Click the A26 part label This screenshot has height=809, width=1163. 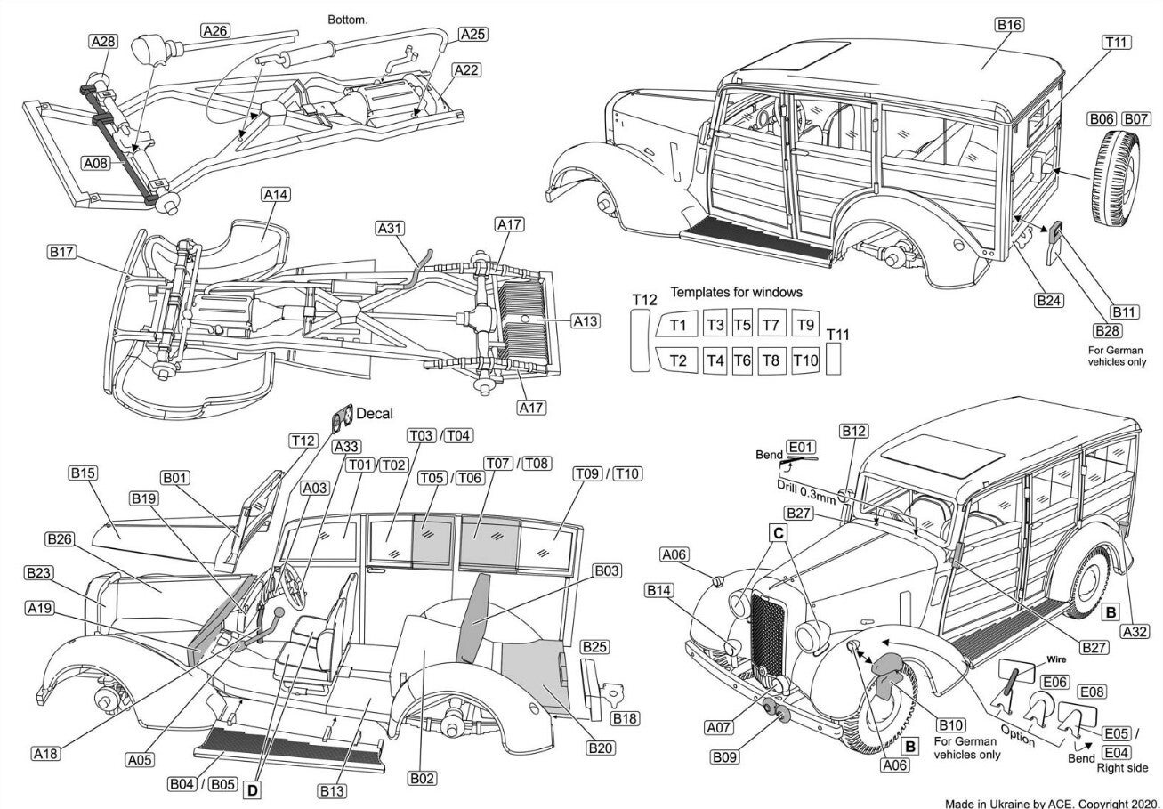pyautogui.click(x=215, y=31)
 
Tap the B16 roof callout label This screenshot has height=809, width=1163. pyautogui.click(x=1009, y=25)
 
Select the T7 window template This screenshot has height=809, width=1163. pyautogui.click(x=771, y=325)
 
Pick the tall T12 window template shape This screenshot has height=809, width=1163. pyautogui.click(x=640, y=340)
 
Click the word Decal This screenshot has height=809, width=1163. pyautogui.click(x=375, y=413)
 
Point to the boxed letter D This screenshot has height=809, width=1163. pyautogui.click(x=253, y=790)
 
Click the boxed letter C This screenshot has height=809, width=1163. pyautogui.click(x=779, y=533)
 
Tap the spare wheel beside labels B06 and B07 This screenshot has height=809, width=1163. pyautogui.click(x=1118, y=178)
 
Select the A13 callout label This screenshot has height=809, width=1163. pyautogui.click(x=586, y=321)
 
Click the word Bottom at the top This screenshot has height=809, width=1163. pyautogui.click(x=347, y=20)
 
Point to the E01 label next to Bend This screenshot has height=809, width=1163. pyautogui.click(x=801, y=447)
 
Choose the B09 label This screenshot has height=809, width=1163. pyautogui.click(x=725, y=757)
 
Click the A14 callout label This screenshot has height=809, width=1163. pyautogui.click(x=276, y=195)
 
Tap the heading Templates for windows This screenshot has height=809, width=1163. pyautogui.click(x=736, y=292)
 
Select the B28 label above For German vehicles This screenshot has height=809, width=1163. pyautogui.click(x=1107, y=331)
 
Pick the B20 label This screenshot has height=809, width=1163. pyautogui.click(x=601, y=748)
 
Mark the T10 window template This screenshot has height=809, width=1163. pyautogui.click(x=805, y=360)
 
